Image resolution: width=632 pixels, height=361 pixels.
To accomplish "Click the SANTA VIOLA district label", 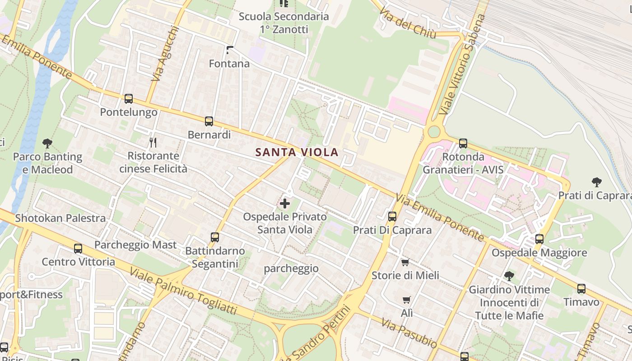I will point(297,152).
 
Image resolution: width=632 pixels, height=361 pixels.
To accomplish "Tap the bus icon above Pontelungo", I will point(129,98).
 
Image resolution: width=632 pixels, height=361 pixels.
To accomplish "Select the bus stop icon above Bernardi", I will point(209,121).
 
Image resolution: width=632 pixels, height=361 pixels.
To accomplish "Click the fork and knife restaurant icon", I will point(153,143).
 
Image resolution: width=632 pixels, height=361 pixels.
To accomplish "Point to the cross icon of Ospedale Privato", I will point(285,204).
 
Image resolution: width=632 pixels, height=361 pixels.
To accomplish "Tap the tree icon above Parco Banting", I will point(47,143).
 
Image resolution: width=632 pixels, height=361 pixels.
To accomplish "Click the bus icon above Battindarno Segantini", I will point(215,237).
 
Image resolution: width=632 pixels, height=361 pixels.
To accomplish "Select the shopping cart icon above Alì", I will point(406,300).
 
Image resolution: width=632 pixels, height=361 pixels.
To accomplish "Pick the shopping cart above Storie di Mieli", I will point(405,262).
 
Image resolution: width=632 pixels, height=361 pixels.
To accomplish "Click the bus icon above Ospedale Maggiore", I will point(539,239).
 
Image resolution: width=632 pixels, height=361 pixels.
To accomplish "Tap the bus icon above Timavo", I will point(581,288).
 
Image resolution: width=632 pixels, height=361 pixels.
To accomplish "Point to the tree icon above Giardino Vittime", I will point(509,276).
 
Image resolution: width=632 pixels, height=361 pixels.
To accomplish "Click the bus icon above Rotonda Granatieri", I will point(463,143).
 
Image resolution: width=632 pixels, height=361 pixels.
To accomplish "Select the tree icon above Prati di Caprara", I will point(597,182).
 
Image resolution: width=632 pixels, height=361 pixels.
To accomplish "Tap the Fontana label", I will point(229,64).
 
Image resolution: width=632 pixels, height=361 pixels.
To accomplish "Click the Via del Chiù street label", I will point(408,23).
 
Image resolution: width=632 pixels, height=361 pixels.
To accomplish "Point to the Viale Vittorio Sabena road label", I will point(463,64).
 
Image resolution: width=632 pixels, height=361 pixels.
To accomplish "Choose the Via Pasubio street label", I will point(409,333).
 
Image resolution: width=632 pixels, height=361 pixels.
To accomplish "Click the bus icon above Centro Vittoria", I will point(78,248).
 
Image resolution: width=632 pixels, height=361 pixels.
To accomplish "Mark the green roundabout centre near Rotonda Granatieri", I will point(433,132).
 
